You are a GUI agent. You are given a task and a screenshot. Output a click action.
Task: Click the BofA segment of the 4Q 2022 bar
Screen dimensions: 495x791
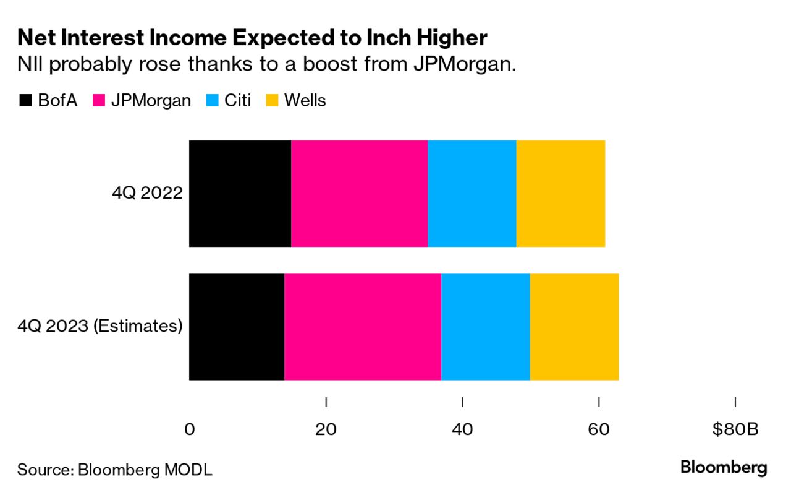point(240,194)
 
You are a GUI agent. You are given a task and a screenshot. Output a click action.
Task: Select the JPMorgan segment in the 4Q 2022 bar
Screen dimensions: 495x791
point(359,194)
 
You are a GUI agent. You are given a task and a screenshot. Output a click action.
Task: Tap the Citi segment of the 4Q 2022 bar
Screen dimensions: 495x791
point(472,194)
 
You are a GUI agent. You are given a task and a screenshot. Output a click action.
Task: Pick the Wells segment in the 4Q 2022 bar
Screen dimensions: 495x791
point(560,194)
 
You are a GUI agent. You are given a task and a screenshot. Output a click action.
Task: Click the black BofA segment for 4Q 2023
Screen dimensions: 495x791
point(236,327)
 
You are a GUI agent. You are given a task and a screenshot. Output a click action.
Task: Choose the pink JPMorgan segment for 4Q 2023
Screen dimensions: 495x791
point(363,327)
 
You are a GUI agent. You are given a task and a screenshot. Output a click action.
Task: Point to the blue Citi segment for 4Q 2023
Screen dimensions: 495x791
point(486,327)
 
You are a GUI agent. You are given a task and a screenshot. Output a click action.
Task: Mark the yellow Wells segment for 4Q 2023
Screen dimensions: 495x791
point(574,327)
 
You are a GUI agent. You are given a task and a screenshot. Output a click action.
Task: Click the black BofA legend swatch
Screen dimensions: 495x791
point(26,100)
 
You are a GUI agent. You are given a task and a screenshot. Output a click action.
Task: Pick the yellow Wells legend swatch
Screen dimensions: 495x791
point(272,100)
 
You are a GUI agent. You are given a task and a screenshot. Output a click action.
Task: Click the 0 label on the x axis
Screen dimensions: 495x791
point(190,429)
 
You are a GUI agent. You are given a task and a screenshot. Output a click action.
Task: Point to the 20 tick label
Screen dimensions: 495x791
point(326,429)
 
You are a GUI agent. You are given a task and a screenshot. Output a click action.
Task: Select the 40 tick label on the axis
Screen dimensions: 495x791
point(462,429)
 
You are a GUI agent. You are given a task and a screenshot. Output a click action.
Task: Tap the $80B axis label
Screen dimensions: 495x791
point(735,429)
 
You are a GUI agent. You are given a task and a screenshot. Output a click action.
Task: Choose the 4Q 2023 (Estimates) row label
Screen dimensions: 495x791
point(100,327)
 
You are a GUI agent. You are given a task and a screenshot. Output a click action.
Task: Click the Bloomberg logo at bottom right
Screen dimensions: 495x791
point(724,468)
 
